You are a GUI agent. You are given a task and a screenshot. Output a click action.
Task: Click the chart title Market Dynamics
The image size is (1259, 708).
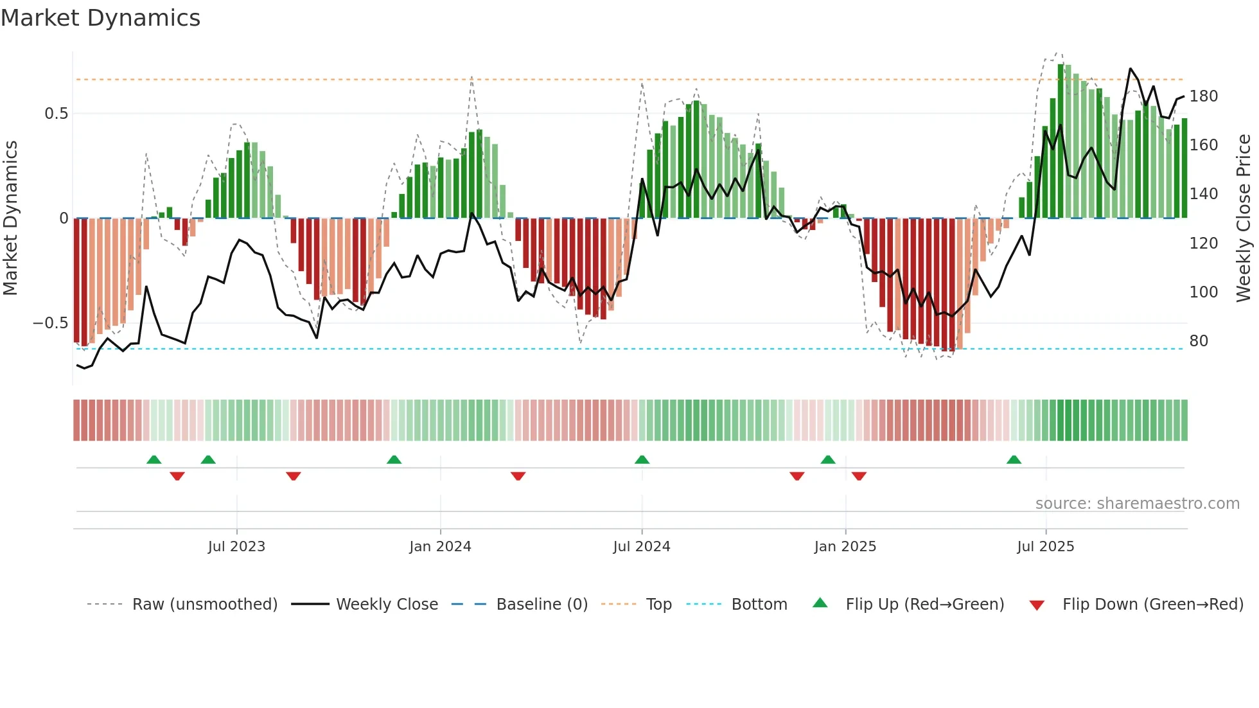pyautogui.click(x=101, y=18)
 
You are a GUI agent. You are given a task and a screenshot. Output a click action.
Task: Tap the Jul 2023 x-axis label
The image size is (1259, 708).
pyautogui.click(x=236, y=547)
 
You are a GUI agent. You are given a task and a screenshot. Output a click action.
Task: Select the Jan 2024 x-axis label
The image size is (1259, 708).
pyautogui.click(x=440, y=547)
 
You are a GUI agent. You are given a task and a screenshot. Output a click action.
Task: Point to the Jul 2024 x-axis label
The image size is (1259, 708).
pyautogui.click(x=642, y=547)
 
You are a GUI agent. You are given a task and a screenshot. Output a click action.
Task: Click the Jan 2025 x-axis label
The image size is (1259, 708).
pyautogui.click(x=845, y=547)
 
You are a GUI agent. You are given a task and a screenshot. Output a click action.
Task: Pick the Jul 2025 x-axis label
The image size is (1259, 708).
pyautogui.click(x=1045, y=547)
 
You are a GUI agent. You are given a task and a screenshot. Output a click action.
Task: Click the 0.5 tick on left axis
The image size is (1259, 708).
pyautogui.click(x=56, y=114)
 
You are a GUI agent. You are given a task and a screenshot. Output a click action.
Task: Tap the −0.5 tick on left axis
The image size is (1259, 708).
pyautogui.click(x=50, y=323)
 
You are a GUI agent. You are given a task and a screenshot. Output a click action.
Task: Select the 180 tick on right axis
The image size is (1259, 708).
pyautogui.click(x=1203, y=96)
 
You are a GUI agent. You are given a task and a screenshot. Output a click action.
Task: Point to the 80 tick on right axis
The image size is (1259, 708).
pyautogui.click(x=1199, y=341)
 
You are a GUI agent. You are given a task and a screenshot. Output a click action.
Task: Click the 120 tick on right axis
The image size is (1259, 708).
pyautogui.click(x=1203, y=243)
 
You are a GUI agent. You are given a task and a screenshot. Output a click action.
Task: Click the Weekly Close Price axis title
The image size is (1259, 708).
pyautogui.click(x=1244, y=218)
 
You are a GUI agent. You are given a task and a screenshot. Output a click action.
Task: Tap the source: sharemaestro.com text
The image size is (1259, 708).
pyautogui.click(x=1137, y=504)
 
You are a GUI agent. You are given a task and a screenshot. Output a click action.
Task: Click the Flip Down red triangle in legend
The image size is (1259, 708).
pyautogui.click(x=1036, y=605)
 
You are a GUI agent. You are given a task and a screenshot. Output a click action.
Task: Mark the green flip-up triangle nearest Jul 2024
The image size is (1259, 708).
pyautogui.click(x=642, y=460)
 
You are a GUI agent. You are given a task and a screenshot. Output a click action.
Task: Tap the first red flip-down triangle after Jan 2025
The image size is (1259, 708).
pyautogui.click(x=859, y=476)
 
